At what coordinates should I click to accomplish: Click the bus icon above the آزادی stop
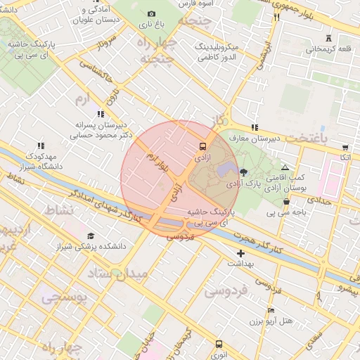tap(203, 147)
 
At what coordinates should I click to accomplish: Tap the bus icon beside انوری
tap(219, 345)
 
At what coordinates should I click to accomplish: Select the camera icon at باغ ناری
tap(151, 13)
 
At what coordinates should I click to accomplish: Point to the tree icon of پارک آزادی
tap(243, 172)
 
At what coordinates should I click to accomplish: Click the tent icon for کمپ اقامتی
tap(285, 167)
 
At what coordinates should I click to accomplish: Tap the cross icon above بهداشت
tap(241, 252)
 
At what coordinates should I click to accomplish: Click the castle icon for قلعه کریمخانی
tap(328, 38)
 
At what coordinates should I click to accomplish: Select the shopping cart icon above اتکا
tap(345, 148)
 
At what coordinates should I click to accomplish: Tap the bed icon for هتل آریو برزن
tap(272, 310)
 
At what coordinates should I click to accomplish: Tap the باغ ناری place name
tap(150, 25)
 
